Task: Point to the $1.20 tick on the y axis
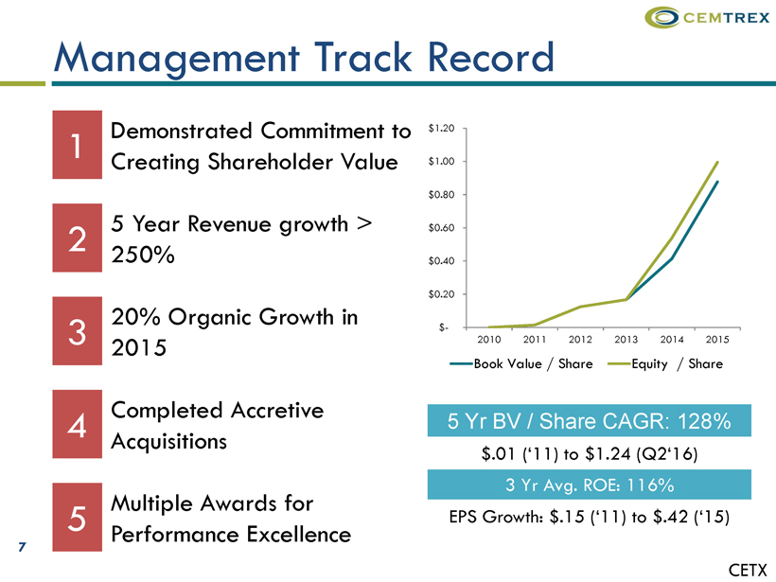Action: click(442, 128)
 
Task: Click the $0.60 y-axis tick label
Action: click(442, 228)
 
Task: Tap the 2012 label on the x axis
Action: click(581, 339)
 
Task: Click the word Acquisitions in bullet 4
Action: click(169, 441)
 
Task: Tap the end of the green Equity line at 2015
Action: click(717, 162)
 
